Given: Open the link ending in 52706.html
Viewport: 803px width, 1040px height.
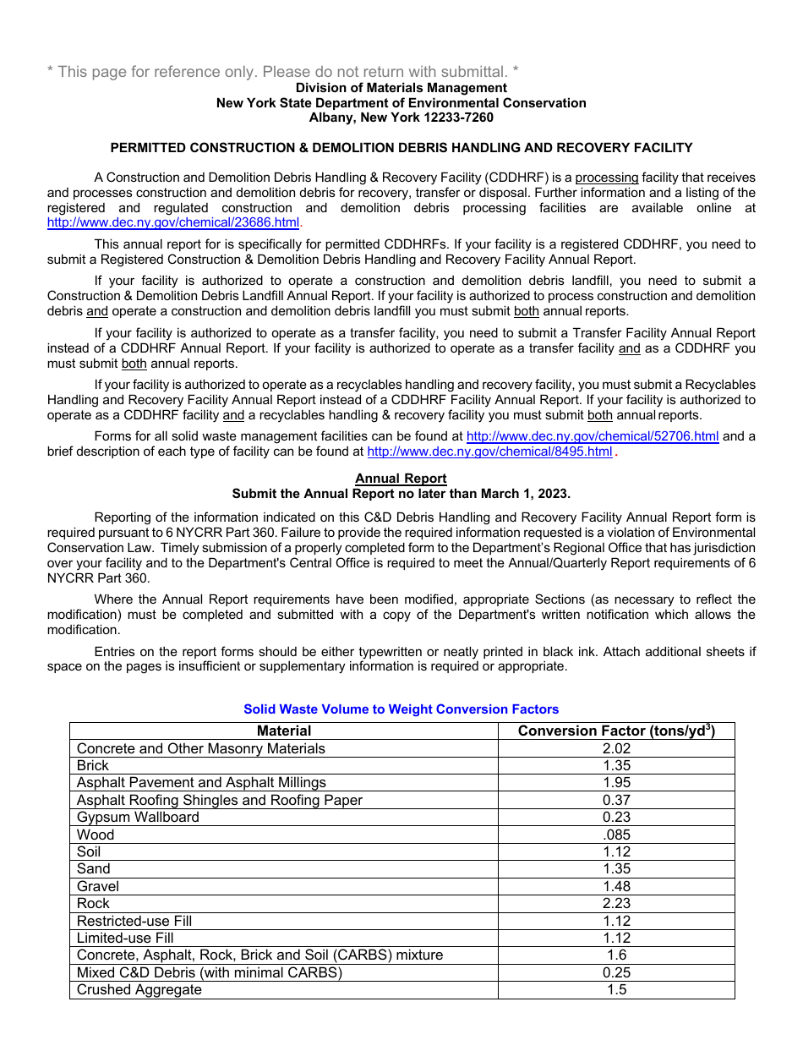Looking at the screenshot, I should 593,437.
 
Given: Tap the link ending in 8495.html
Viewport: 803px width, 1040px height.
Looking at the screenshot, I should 489,452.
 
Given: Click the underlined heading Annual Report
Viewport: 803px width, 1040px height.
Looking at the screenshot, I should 401,479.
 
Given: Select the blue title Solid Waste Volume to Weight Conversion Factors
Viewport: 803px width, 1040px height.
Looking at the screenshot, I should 401,709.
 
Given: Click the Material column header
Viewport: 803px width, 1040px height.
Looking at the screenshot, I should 284,731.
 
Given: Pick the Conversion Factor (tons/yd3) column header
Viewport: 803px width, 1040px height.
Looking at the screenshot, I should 616,731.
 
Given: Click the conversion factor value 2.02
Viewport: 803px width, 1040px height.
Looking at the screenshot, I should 616,748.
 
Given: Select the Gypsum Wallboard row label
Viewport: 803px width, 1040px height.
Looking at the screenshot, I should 138,818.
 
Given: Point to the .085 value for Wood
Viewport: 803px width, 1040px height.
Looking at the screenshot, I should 616,835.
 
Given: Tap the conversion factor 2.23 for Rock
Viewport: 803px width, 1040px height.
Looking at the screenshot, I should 616,904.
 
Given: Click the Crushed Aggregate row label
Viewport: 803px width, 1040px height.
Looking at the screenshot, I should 139,990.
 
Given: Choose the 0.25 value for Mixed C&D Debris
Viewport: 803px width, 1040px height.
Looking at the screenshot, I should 616,972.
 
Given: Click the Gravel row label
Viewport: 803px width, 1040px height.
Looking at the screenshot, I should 98,886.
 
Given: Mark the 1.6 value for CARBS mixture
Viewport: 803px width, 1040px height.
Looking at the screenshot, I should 616,955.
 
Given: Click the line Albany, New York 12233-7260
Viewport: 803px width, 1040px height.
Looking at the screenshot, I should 401,118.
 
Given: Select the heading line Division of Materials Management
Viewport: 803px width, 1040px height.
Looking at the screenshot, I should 401,88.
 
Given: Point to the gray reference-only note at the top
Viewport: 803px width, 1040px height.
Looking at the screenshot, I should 282,72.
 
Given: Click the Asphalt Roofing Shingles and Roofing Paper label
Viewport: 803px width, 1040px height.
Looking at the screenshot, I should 219,800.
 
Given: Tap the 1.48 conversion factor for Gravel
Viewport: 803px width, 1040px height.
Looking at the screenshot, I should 616,886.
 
